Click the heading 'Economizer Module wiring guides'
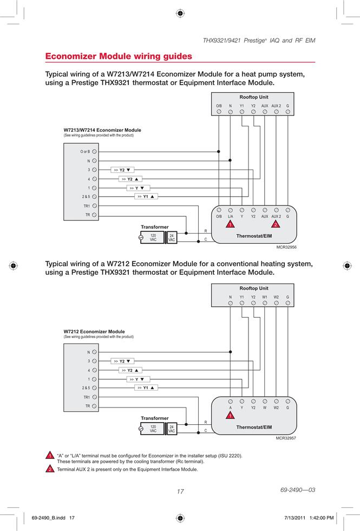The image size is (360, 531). (119, 56)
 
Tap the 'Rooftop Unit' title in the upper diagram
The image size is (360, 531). (254, 97)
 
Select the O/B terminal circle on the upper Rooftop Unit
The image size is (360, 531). (219, 112)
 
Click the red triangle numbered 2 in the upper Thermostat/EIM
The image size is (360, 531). (276, 224)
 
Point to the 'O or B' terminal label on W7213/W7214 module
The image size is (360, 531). (86, 152)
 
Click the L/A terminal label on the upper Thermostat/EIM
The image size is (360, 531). (231, 216)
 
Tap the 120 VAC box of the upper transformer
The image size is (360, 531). (153, 237)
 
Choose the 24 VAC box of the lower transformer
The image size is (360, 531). (172, 429)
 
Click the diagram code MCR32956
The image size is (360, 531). (286, 247)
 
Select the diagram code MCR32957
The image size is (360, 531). (286, 438)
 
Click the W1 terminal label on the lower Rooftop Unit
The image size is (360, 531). (265, 297)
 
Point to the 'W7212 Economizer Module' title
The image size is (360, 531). (94, 332)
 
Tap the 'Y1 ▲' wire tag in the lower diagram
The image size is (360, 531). (146, 388)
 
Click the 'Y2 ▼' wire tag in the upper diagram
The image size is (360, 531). (122, 170)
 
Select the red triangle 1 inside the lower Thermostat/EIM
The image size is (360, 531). (231, 415)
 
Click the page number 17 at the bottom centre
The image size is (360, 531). (180, 491)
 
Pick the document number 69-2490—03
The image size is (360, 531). (298, 490)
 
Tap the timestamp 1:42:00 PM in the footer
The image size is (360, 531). (322, 518)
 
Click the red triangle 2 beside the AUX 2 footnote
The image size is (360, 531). (50, 469)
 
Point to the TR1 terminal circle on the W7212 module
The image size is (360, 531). (94, 397)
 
